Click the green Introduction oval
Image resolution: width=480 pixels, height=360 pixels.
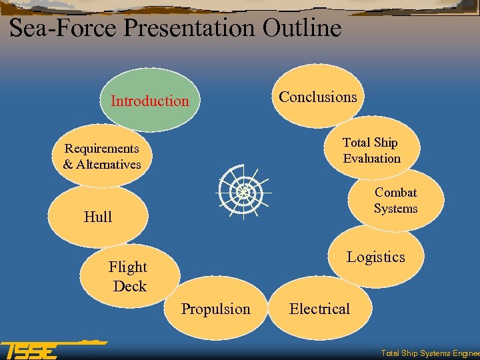coord(150,100)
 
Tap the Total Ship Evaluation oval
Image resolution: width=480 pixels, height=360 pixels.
coord(371,150)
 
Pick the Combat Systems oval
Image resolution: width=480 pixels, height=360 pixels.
coord(395,200)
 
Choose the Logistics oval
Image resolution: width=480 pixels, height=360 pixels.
coord(375,257)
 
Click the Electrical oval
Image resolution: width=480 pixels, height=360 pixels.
coord(319,309)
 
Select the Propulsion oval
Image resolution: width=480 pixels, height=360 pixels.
coord(215,309)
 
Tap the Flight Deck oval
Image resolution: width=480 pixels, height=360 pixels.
coord(129,276)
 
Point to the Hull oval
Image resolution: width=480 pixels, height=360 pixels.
coord(98,217)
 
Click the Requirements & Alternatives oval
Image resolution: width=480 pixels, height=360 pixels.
coord(102,156)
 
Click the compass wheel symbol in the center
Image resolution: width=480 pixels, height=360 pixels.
coord(242,191)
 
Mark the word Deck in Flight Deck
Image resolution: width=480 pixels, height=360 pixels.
coord(129,286)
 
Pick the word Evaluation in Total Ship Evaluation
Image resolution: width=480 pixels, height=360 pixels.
coord(371,159)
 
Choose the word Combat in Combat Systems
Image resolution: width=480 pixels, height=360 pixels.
coord(395,193)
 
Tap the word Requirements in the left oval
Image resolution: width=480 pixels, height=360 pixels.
coord(102,148)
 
